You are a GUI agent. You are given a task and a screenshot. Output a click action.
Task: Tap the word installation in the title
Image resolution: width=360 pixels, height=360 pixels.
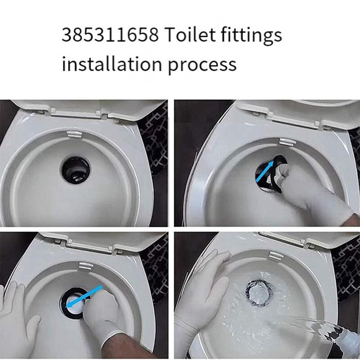coord(112,64)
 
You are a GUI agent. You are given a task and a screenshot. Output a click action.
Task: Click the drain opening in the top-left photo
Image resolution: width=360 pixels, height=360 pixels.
coord(76,169)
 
